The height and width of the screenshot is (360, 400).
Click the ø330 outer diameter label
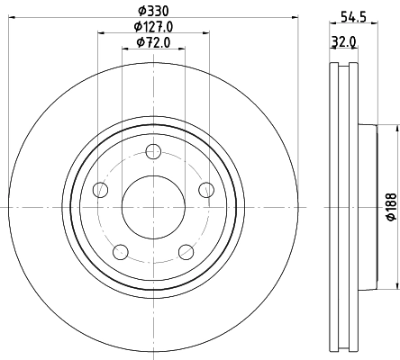point(153,11)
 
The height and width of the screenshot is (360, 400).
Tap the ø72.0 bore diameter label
point(153,42)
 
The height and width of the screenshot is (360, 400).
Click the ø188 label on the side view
point(390,211)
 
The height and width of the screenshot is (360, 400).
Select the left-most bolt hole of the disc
point(101,189)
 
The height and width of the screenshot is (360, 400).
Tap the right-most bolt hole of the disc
point(206,189)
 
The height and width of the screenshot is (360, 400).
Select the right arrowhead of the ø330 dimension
point(294,18)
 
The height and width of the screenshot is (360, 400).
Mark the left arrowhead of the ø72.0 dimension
point(124,49)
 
